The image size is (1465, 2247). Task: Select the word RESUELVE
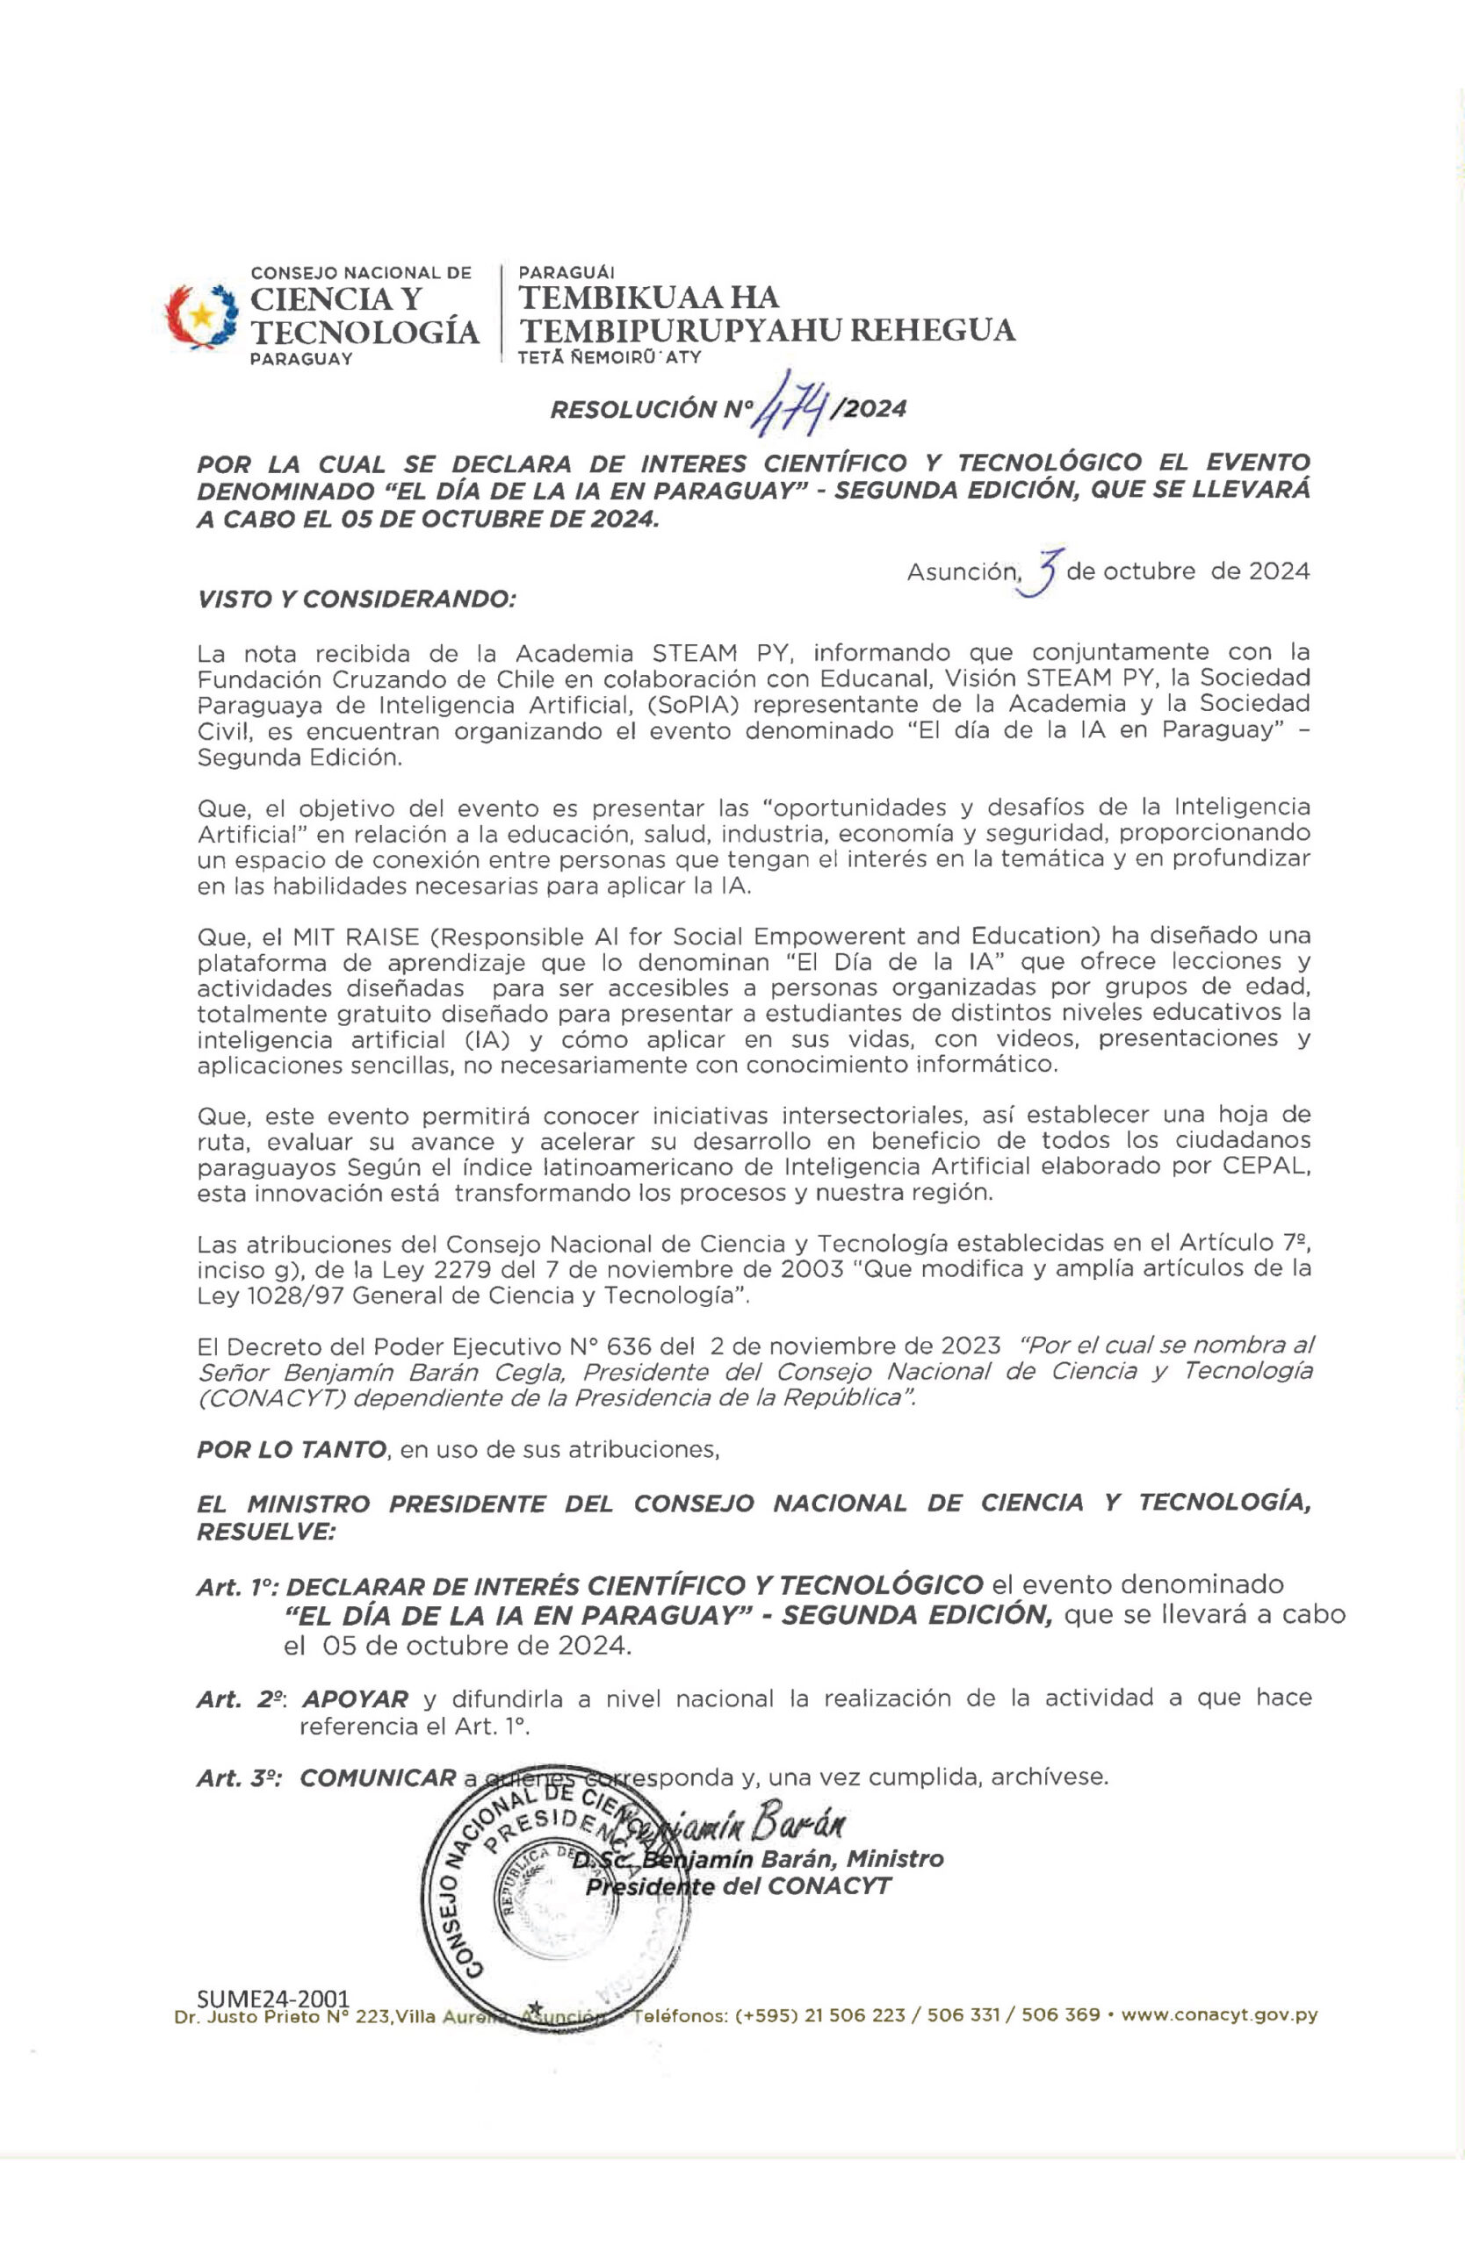[x=265, y=1532]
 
